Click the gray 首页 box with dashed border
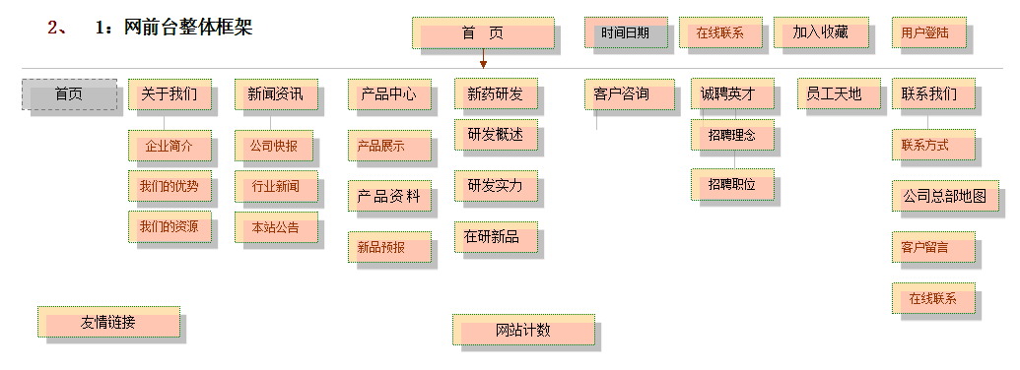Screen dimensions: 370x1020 pyautogui.click(x=69, y=94)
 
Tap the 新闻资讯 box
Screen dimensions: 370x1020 pyautogui.click(x=276, y=94)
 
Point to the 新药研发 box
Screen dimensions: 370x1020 pyautogui.click(x=496, y=94)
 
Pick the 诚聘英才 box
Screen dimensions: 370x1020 pyautogui.click(x=732, y=94)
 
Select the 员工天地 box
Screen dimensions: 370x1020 pyautogui.click(x=834, y=94)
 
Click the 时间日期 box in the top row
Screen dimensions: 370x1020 pyautogui.click(x=626, y=32)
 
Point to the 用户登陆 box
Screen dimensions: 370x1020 pyautogui.click(x=927, y=32)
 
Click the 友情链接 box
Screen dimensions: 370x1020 pyautogui.click(x=109, y=322)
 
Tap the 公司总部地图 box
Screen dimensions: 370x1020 pyautogui.click(x=945, y=195)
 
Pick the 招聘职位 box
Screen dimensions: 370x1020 pyautogui.click(x=732, y=184)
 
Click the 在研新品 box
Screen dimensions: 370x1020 pyautogui.click(x=496, y=237)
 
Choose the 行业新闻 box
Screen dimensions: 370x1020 pyautogui.click(x=276, y=185)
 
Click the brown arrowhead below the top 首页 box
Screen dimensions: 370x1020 pyautogui.click(x=483, y=64)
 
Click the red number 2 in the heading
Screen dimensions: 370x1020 pyautogui.click(x=53, y=28)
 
